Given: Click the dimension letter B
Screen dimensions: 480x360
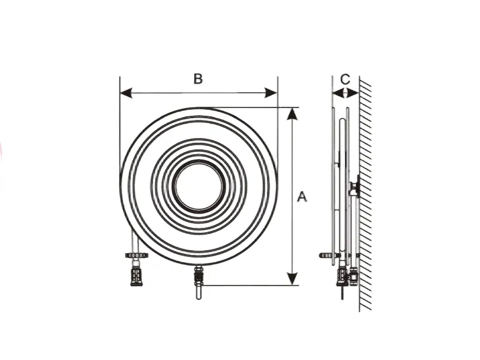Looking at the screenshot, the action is [198, 79].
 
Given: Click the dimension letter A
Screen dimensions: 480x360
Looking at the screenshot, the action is [302, 197].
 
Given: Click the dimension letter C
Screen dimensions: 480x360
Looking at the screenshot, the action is [345, 79].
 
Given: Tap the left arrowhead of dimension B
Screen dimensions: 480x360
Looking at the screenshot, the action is [126, 93].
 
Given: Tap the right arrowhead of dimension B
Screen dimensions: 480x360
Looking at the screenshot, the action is [271, 93].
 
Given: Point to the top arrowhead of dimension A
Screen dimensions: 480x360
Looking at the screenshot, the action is [293, 113].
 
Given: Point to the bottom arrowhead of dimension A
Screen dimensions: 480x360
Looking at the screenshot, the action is [293, 279].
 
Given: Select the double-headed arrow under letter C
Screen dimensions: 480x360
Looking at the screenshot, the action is [346, 93].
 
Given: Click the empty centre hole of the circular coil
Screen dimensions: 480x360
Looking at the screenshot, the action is [199, 186].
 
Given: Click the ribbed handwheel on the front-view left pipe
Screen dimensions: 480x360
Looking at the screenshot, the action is [136, 256].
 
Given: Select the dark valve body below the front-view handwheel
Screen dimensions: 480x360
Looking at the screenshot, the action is [136, 277].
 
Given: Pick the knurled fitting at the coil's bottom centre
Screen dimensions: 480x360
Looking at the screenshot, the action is [199, 275].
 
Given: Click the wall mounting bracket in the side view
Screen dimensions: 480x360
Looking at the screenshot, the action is [355, 186].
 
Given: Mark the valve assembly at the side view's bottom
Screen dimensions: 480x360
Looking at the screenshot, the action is [347, 276].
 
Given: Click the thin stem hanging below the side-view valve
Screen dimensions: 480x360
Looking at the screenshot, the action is [342, 293].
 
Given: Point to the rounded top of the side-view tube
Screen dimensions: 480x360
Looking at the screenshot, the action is [343, 120].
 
